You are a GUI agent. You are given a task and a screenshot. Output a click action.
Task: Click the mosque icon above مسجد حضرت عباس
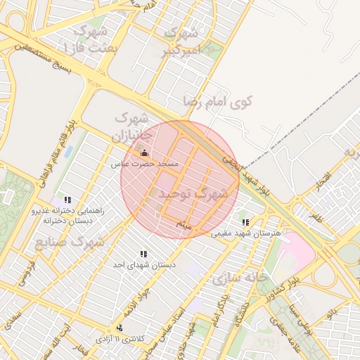pyautogui.click(x=144, y=153)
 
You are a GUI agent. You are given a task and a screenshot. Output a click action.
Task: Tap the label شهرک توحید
pyautogui.click(x=193, y=192)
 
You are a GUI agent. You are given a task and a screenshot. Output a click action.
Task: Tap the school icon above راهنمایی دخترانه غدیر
pyautogui.click(x=67, y=200)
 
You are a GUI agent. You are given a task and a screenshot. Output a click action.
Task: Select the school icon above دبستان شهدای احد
pyautogui.click(x=143, y=254)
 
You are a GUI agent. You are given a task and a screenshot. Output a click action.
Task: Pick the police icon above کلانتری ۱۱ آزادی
pyautogui.click(x=120, y=328)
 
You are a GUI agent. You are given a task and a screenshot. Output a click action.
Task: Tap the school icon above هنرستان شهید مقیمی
pyautogui.click(x=245, y=222)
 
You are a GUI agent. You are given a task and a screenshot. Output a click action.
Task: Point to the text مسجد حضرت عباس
pyautogui.click(x=144, y=164)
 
